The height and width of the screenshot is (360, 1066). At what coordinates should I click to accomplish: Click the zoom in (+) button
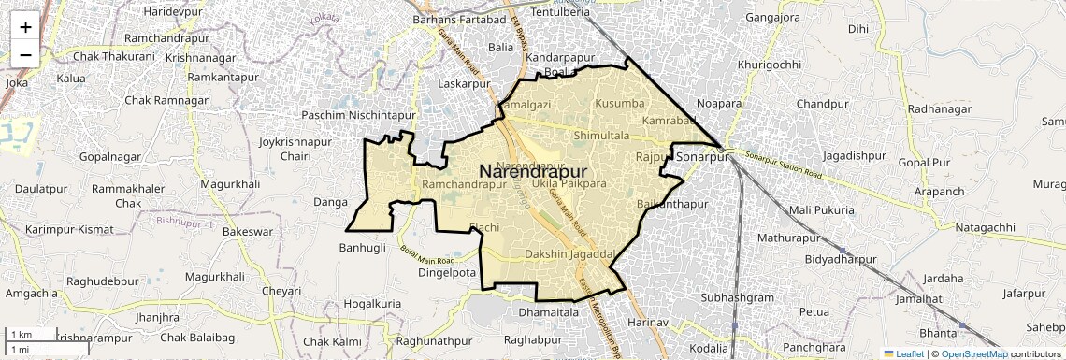25,26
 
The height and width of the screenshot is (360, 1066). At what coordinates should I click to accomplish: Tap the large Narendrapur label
533,172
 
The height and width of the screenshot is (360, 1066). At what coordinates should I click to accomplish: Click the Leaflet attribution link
904,353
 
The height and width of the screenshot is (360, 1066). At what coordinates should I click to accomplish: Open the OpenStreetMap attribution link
973,353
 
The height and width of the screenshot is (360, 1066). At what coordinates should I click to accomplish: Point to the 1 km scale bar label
21,335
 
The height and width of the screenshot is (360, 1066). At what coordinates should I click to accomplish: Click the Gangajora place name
779,18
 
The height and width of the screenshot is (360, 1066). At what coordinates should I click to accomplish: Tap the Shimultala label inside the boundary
601,137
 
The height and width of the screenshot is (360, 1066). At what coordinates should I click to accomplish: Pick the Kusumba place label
620,102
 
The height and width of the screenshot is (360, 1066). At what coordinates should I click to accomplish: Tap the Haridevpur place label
173,10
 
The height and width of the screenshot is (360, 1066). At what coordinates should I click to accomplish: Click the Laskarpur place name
464,84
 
